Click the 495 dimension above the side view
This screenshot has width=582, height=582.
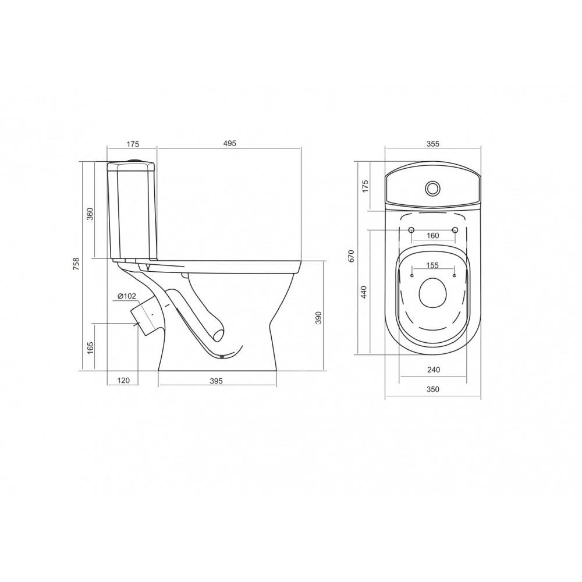tap(230, 143)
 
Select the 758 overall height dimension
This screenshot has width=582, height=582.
tap(76, 264)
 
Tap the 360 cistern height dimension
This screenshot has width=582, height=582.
tap(90, 214)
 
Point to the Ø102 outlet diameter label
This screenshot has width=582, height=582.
tap(127, 296)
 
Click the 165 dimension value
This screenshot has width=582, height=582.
tap(90, 348)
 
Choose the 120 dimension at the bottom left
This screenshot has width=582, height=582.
tap(123, 380)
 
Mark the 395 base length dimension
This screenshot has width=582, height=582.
tap(216, 381)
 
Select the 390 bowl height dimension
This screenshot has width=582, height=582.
tap(318, 318)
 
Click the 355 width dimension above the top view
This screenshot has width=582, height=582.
tap(433, 144)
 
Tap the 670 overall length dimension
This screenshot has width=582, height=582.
tap(352, 256)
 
